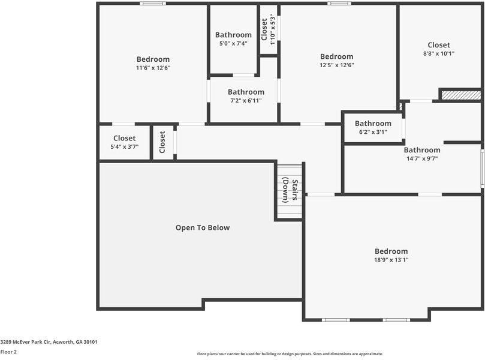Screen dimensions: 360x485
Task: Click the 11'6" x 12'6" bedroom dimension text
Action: coord(153,68)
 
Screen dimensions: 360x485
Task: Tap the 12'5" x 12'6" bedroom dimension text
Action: coord(336,65)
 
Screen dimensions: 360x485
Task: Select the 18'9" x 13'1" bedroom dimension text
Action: coord(391,260)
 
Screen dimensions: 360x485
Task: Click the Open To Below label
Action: coord(202,227)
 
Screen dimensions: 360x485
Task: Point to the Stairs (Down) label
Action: coord(290,190)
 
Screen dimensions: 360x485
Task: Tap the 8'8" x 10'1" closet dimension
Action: coord(438,53)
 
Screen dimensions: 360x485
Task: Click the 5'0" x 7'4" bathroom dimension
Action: coord(233,43)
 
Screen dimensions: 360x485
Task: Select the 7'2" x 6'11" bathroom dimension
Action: coord(245,100)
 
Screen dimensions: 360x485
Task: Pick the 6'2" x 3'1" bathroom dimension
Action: coord(372,132)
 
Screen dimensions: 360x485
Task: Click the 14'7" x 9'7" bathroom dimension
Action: coord(421,158)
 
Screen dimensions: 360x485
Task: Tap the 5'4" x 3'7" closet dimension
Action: coord(124,146)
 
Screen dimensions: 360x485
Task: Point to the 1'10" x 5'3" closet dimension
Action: coord(273,29)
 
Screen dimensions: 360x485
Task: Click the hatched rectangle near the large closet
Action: coord(460,94)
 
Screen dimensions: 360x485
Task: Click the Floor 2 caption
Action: coord(8,352)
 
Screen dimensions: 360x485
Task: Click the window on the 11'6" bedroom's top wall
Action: coord(153,4)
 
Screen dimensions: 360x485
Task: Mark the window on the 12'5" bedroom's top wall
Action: coord(339,4)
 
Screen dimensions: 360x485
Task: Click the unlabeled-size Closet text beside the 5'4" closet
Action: coord(162,142)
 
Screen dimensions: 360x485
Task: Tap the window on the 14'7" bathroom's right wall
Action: coord(482,168)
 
